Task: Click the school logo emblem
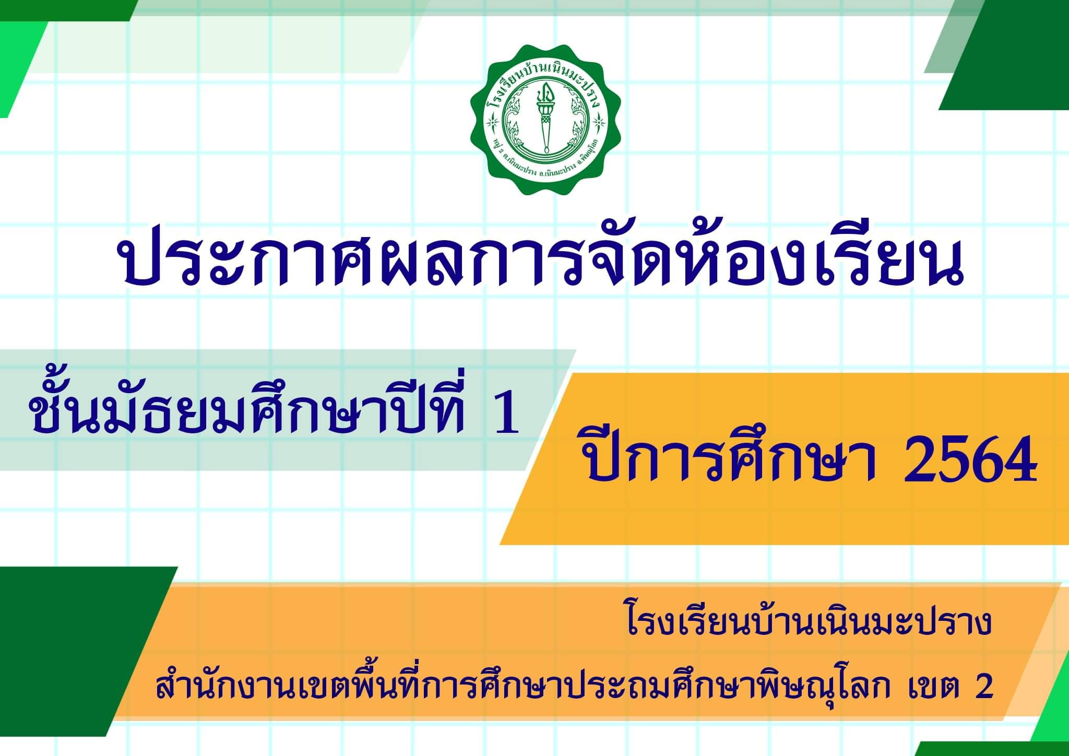pyautogui.click(x=545, y=120)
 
